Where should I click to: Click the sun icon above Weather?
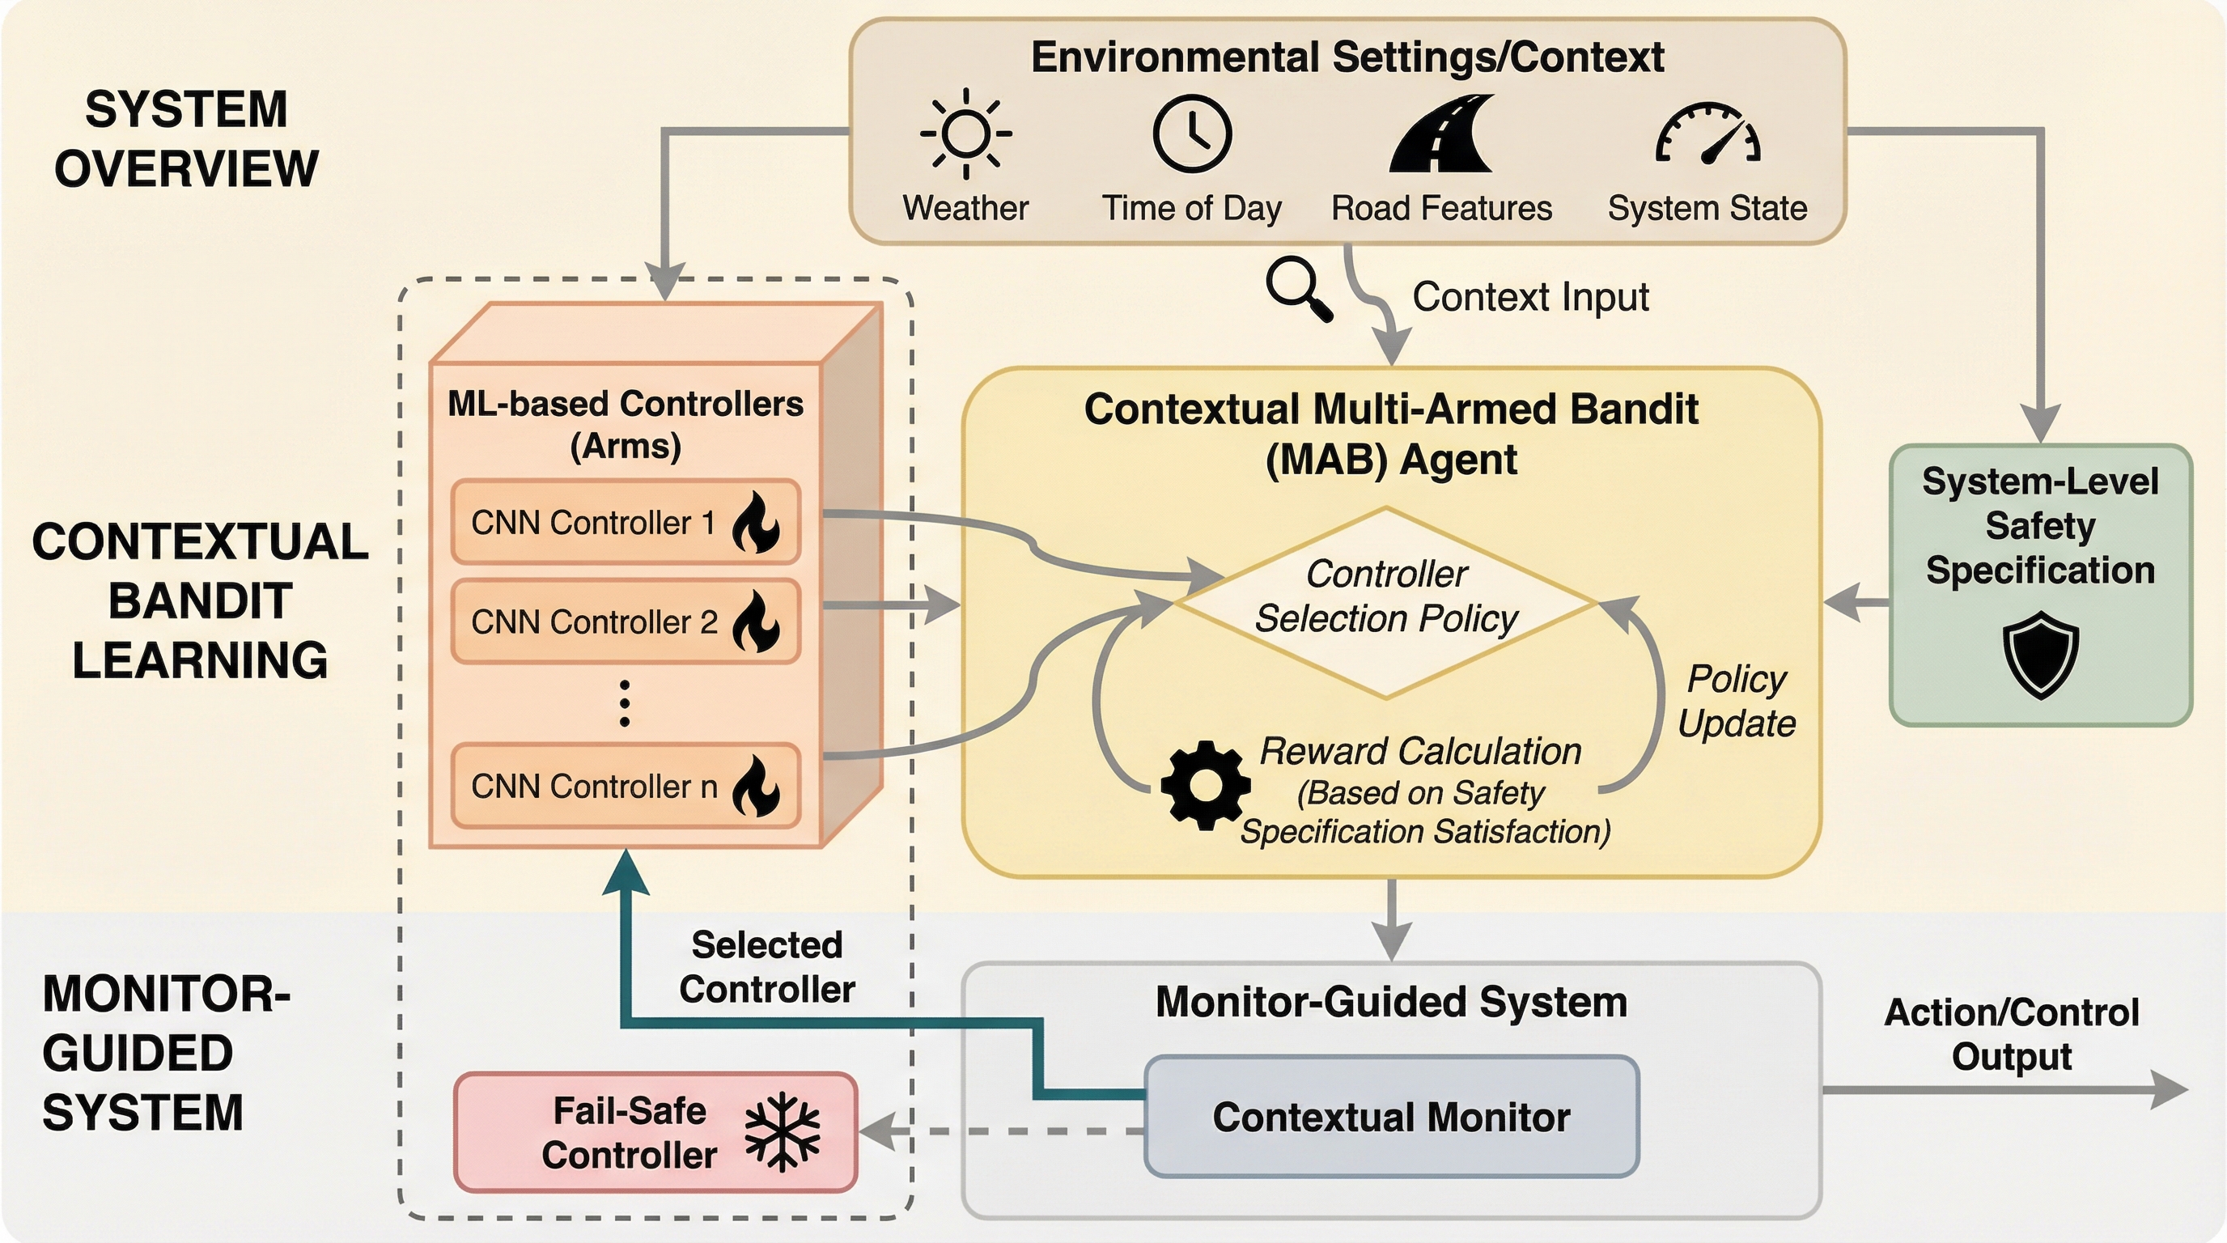(x=965, y=134)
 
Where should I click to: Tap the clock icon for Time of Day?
(x=1192, y=134)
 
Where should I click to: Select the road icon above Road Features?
(x=1441, y=134)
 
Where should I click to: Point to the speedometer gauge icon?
(x=1707, y=134)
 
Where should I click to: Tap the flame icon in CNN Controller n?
(x=756, y=786)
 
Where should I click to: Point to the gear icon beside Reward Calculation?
(x=1205, y=785)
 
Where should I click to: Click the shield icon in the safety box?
(x=2040, y=654)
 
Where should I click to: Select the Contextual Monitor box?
(x=1391, y=1117)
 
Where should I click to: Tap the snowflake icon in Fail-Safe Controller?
(x=783, y=1131)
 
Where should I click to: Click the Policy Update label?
(x=1737, y=701)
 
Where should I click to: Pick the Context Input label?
(x=1530, y=297)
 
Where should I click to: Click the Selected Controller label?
(x=767, y=966)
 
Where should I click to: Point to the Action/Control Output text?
(x=2011, y=1035)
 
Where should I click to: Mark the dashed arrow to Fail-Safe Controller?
(x=1003, y=1131)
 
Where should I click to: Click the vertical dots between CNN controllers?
(x=625, y=703)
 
